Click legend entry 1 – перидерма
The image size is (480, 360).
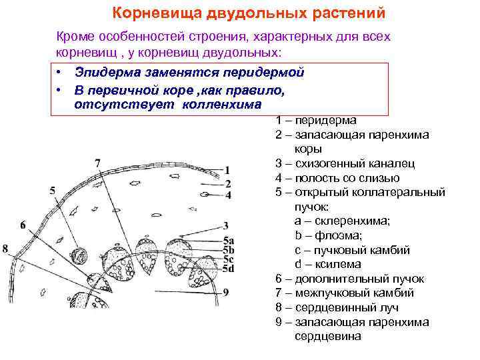315,121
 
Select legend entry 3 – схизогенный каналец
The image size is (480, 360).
345,163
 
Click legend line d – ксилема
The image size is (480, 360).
330,265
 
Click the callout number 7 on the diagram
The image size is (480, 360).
98,162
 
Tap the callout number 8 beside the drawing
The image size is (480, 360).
5,249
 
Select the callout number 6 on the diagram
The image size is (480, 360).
23,225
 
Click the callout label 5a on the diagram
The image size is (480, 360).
228,241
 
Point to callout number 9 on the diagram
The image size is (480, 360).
226,291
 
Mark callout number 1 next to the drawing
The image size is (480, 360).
228,170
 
